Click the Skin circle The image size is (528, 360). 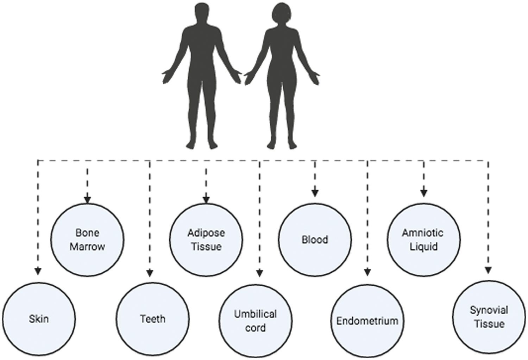coord(38,319)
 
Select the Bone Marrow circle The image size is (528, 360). coord(87,240)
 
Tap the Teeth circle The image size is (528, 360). coord(152,319)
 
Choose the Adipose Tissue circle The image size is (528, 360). coord(206,240)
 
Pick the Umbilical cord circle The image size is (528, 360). coord(256,321)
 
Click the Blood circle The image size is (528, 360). coord(315,240)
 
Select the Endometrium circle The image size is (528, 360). coord(367,321)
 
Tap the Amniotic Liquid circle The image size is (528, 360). coord(423,240)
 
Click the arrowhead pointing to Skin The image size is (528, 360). coord(38,271)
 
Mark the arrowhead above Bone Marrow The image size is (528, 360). coord(87,199)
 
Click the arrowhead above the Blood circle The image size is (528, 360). coord(315,193)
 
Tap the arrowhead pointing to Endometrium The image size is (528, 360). coord(367,272)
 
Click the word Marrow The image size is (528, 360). coord(87,247)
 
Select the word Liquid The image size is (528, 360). coord(423,247)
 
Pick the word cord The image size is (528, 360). coord(256,328)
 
